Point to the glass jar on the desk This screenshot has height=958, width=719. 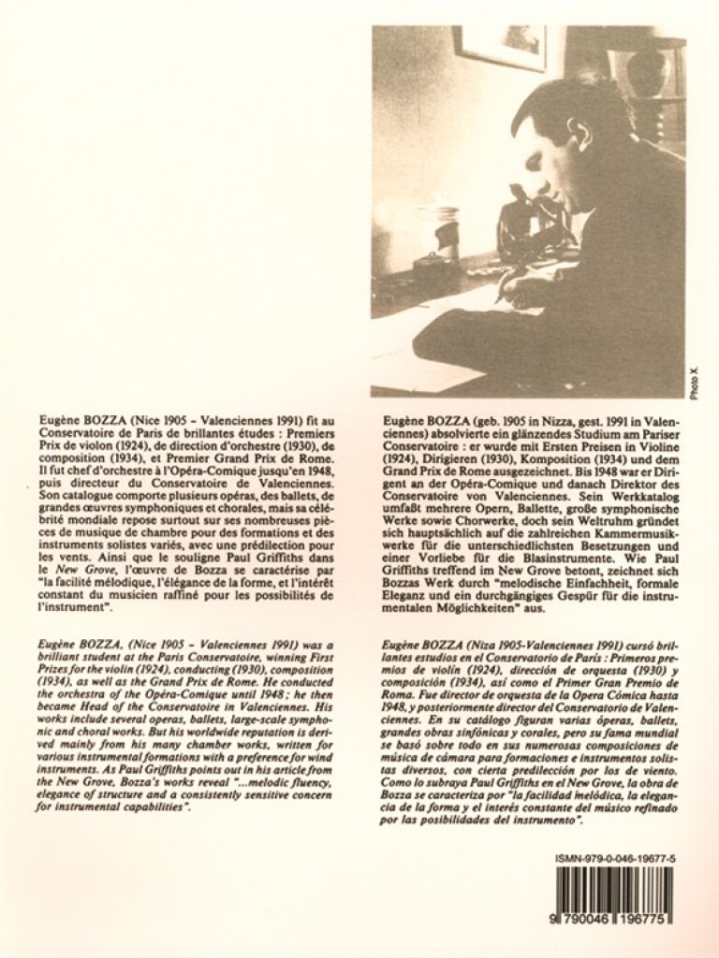pos(436,234)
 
